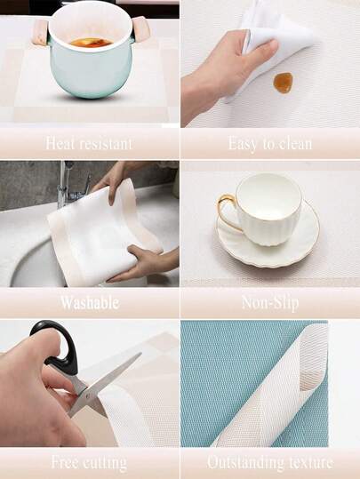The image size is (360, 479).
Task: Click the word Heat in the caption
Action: [59, 143]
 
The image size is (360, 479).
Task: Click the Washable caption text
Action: [90, 303]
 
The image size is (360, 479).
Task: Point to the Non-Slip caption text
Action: [270, 303]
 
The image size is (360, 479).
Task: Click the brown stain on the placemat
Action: [283, 83]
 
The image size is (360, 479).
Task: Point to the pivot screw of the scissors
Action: [88, 396]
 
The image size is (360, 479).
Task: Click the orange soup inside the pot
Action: [91, 43]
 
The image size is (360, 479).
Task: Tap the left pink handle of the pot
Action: [41, 31]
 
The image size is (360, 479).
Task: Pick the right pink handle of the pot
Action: [140, 29]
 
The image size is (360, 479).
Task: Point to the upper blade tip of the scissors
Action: [140, 354]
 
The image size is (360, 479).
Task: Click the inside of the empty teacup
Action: [269, 196]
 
